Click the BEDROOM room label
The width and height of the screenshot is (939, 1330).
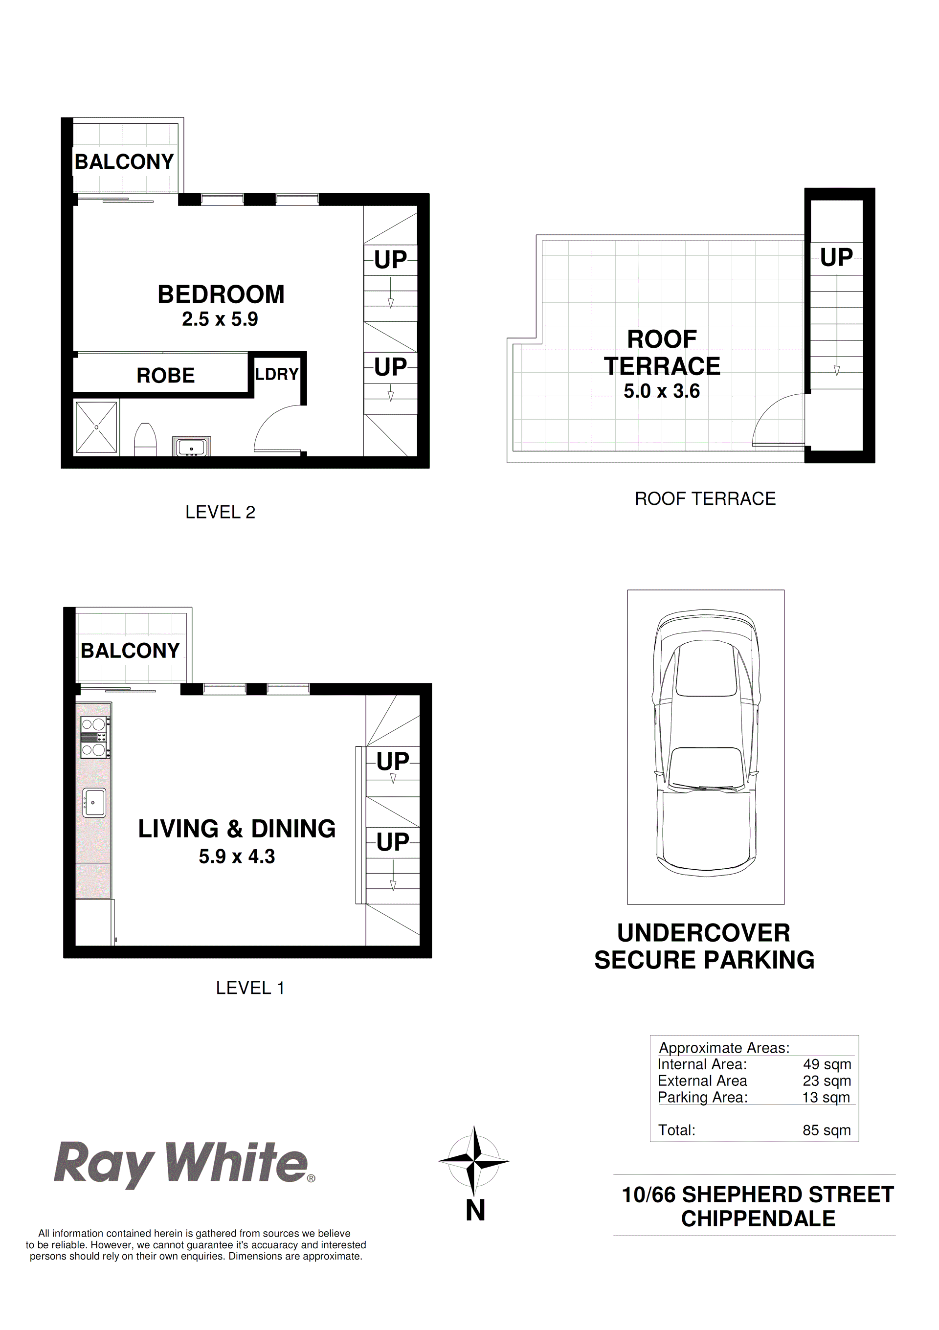[x=221, y=294]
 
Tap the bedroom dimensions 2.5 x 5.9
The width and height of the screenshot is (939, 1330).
[x=220, y=319]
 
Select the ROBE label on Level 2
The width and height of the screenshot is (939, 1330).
[x=165, y=375]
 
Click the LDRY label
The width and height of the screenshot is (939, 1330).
[x=277, y=374]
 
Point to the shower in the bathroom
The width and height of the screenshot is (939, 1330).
[x=96, y=428]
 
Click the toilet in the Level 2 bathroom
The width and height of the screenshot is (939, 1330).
[x=145, y=440]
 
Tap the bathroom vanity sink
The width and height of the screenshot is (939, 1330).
[x=191, y=447]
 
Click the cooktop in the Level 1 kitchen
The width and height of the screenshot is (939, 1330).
[x=94, y=737]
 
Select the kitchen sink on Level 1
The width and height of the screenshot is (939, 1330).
[x=94, y=803]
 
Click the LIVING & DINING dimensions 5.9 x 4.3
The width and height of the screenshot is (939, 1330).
[x=236, y=856]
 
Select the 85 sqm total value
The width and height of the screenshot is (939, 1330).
[x=827, y=1130]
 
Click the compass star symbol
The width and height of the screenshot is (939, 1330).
[x=474, y=1161]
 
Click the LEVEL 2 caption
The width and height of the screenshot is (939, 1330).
[x=220, y=512]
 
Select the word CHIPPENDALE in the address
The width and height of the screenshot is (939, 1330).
[x=758, y=1219]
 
